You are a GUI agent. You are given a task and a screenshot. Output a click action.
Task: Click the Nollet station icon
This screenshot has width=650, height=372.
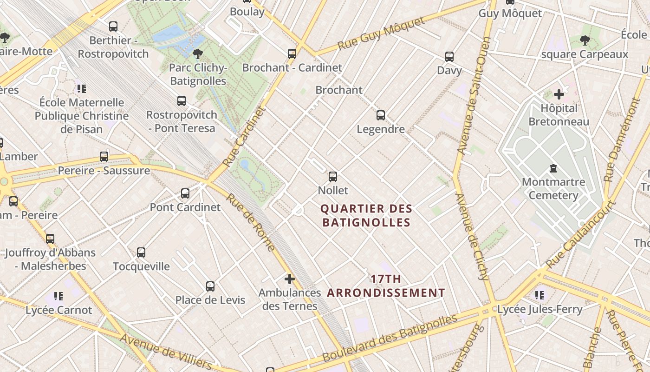pos(332,176)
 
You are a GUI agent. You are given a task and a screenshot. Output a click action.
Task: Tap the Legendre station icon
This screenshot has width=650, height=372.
pos(380,115)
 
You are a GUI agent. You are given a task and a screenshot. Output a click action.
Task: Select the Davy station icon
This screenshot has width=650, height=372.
pos(449,57)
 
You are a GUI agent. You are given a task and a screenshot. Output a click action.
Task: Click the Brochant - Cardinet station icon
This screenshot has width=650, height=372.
pos(292,54)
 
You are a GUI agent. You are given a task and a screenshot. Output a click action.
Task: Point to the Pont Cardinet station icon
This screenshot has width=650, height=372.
pos(185,193)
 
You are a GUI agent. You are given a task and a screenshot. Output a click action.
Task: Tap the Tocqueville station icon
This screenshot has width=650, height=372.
pos(141,252)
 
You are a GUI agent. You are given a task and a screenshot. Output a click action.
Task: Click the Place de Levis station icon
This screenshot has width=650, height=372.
pos(210,286)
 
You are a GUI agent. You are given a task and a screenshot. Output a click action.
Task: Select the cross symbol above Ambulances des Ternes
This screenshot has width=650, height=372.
pos(289,279)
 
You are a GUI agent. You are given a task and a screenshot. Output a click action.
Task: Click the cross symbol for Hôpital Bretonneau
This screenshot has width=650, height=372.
pos(559,94)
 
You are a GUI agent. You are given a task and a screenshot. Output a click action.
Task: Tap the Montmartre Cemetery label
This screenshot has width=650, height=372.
pos(553,188)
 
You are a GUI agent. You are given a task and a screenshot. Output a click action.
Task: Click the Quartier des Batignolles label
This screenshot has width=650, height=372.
pos(366,216)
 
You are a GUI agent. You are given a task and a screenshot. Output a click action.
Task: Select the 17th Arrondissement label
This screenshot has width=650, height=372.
pos(386,286)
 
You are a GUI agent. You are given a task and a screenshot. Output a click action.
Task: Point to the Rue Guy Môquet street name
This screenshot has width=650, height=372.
pos(381,33)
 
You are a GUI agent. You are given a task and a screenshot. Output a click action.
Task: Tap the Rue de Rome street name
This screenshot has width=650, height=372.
pos(251,222)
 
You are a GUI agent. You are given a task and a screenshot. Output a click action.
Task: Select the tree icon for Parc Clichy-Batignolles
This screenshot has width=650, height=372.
pos(198,54)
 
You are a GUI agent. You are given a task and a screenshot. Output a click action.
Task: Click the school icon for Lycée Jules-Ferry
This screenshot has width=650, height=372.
pos(539,295)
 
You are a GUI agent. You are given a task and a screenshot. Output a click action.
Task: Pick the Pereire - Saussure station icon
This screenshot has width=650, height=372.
pos(104,157)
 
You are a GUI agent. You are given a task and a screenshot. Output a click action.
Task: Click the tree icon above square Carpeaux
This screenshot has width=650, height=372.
pos(585,40)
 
